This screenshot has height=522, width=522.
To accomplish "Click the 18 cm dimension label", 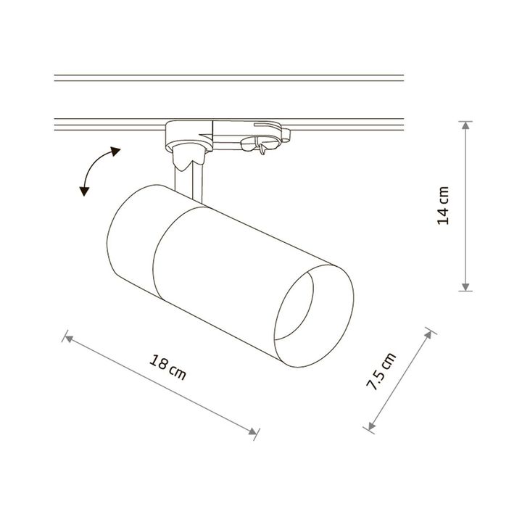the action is (x=167, y=367).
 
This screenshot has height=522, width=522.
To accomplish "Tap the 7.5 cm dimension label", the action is (x=381, y=371).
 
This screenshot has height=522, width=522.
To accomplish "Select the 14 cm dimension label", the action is (x=443, y=206).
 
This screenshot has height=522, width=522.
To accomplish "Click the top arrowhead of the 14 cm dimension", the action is (x=465, y=125).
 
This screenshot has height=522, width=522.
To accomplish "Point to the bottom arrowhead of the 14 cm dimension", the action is (x=465, y=287).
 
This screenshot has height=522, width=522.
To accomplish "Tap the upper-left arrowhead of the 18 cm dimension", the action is (x=69, y=339).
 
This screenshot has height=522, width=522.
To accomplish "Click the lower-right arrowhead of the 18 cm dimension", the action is (x=253, y=431).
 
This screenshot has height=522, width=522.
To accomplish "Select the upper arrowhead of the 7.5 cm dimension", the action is (x=428, y=334).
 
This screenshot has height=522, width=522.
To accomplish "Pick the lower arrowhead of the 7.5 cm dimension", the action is (x=371, y=426).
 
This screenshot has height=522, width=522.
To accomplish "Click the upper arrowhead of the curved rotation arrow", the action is (x=115, y=152).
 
